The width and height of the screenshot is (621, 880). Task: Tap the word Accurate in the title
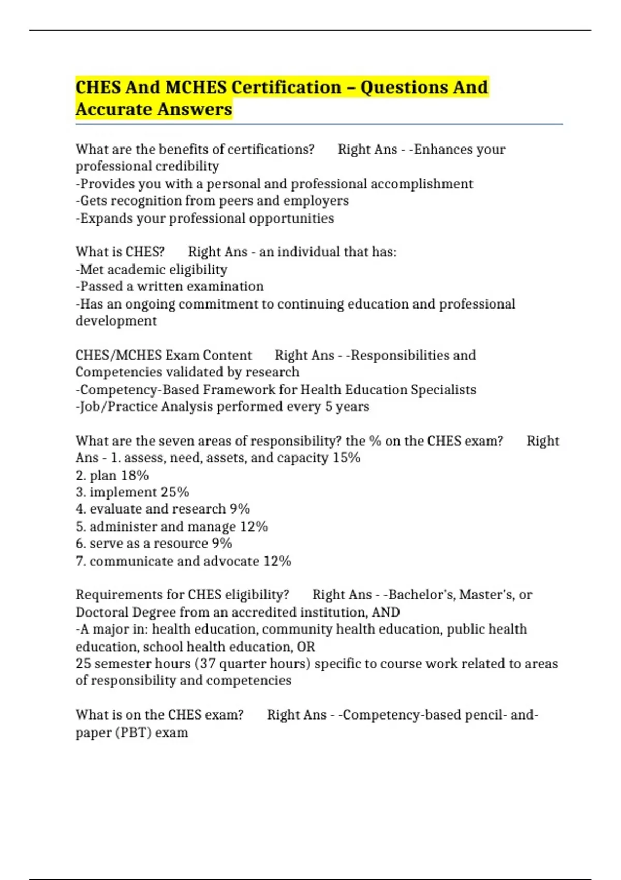pos(114,109)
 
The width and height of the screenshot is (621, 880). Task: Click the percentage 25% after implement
pos(175,492)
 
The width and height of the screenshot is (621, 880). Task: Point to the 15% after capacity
pos(347,458)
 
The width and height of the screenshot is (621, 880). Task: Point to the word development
pos(116,321)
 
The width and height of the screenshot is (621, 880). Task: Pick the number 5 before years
pos(329,406)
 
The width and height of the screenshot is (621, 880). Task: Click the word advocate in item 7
pos(231,561)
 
